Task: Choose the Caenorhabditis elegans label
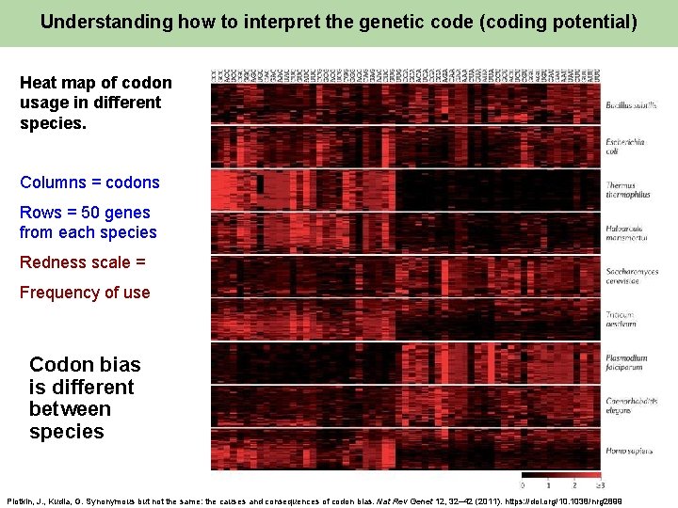tap(632, 406)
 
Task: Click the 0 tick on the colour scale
tap(524, 485)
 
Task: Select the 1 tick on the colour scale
tap(549, 485)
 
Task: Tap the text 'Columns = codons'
tap(89, 183)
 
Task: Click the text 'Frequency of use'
tap(85, 293)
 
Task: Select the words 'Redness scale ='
tap(83, 262)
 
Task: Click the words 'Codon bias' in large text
tap(85, 365)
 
